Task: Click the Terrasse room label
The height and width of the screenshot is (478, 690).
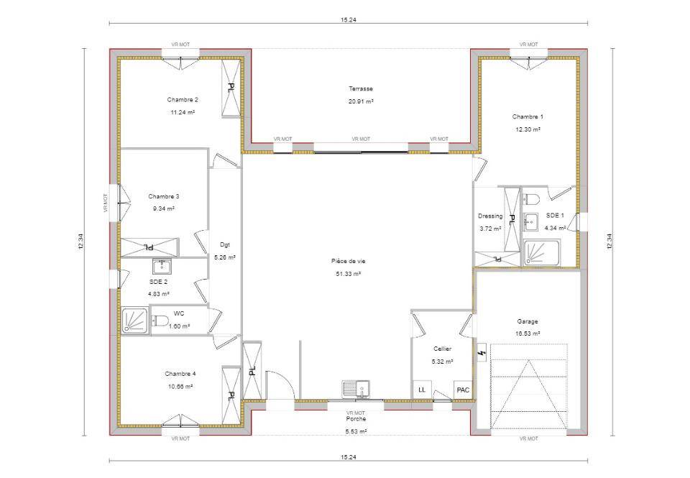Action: pyautogui.click(x=361, y=89)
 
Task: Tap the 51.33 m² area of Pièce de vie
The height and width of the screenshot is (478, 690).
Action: pyautogui.click(x=349, y=274)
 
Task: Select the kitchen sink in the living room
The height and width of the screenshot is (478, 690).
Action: pyautogui.click(x=356, y=389)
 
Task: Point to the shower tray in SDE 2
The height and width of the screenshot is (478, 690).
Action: pyautogui.click(x=134, y=321)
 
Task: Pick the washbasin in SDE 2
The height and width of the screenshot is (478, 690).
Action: pyautogui.click(x=162, y=267)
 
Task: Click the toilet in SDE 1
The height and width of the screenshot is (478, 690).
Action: pyautogui.click(x=532, y=199)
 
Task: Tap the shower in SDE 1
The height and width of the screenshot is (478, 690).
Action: pyautogui.click(x=540, y=252)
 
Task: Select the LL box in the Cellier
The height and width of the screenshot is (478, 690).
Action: pyautogui.click(x=422, y=390)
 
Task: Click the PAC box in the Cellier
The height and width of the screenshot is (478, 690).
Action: pyautogui.click(x=463, y=390)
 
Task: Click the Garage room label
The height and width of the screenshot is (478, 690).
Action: pyautogui.click(x=527, y=321)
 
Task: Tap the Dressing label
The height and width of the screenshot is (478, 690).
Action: pyautogui.click(x=490, y=216)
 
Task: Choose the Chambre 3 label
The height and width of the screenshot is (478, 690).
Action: pyautogui.click(x=164, y=196)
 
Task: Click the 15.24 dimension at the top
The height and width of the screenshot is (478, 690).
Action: pyautogui.click(x=348, y=20)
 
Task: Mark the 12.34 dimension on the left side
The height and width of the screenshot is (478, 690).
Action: pyautogui.click(x=80, y=242)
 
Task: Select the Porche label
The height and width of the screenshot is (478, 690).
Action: pyautogui.click(x=356, y=419)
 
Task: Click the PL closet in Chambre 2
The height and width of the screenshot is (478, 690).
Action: pyautogui.click(x=231, y=87)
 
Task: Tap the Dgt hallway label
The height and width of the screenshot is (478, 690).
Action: pyautogui.click(x=225, y=244)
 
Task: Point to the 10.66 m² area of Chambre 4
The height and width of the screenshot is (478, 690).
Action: pyautogui.click(x=180, y=387)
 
